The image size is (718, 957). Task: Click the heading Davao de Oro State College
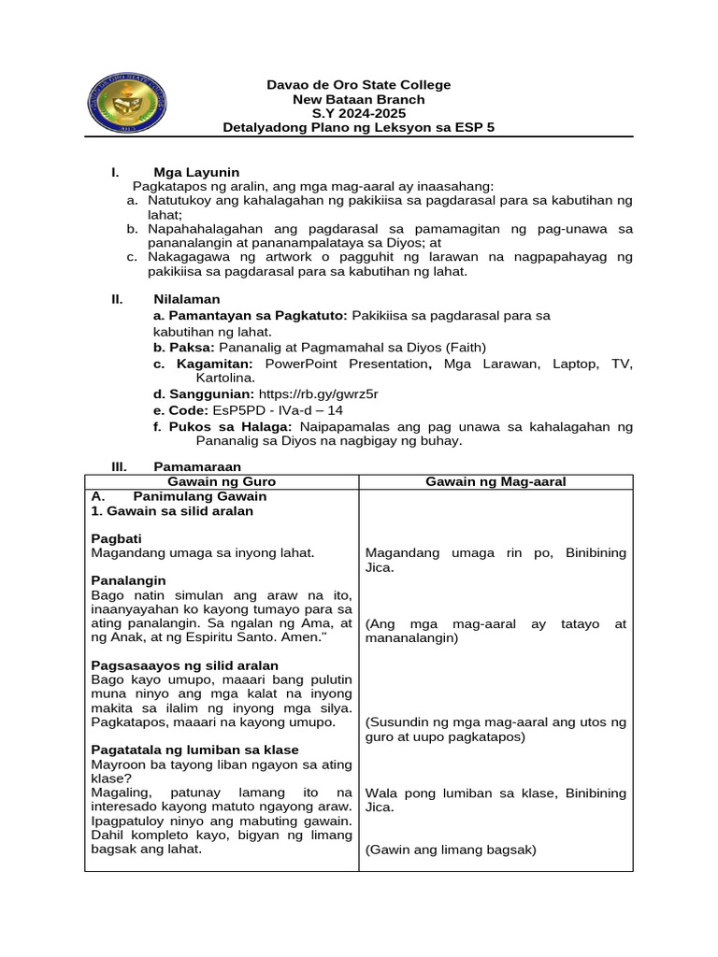click(x=358, y=85)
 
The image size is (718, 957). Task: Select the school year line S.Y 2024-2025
click(x=358, y=113)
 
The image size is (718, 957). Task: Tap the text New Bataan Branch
click(x=358, y=99)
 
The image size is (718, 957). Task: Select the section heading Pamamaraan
click(x=197, y=465)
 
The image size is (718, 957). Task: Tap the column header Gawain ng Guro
click(x=222, y=481)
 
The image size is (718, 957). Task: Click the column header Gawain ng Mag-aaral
click(x=495, y=481)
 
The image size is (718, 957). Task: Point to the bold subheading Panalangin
click(x=128, y=580)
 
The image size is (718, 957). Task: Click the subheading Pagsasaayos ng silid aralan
click(x=184, y=665)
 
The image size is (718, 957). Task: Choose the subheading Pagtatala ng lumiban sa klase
click(x=194, y=750)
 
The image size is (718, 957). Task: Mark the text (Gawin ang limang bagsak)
click(x=451, y=850)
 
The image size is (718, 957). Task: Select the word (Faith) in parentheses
click(x=466, y=347)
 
